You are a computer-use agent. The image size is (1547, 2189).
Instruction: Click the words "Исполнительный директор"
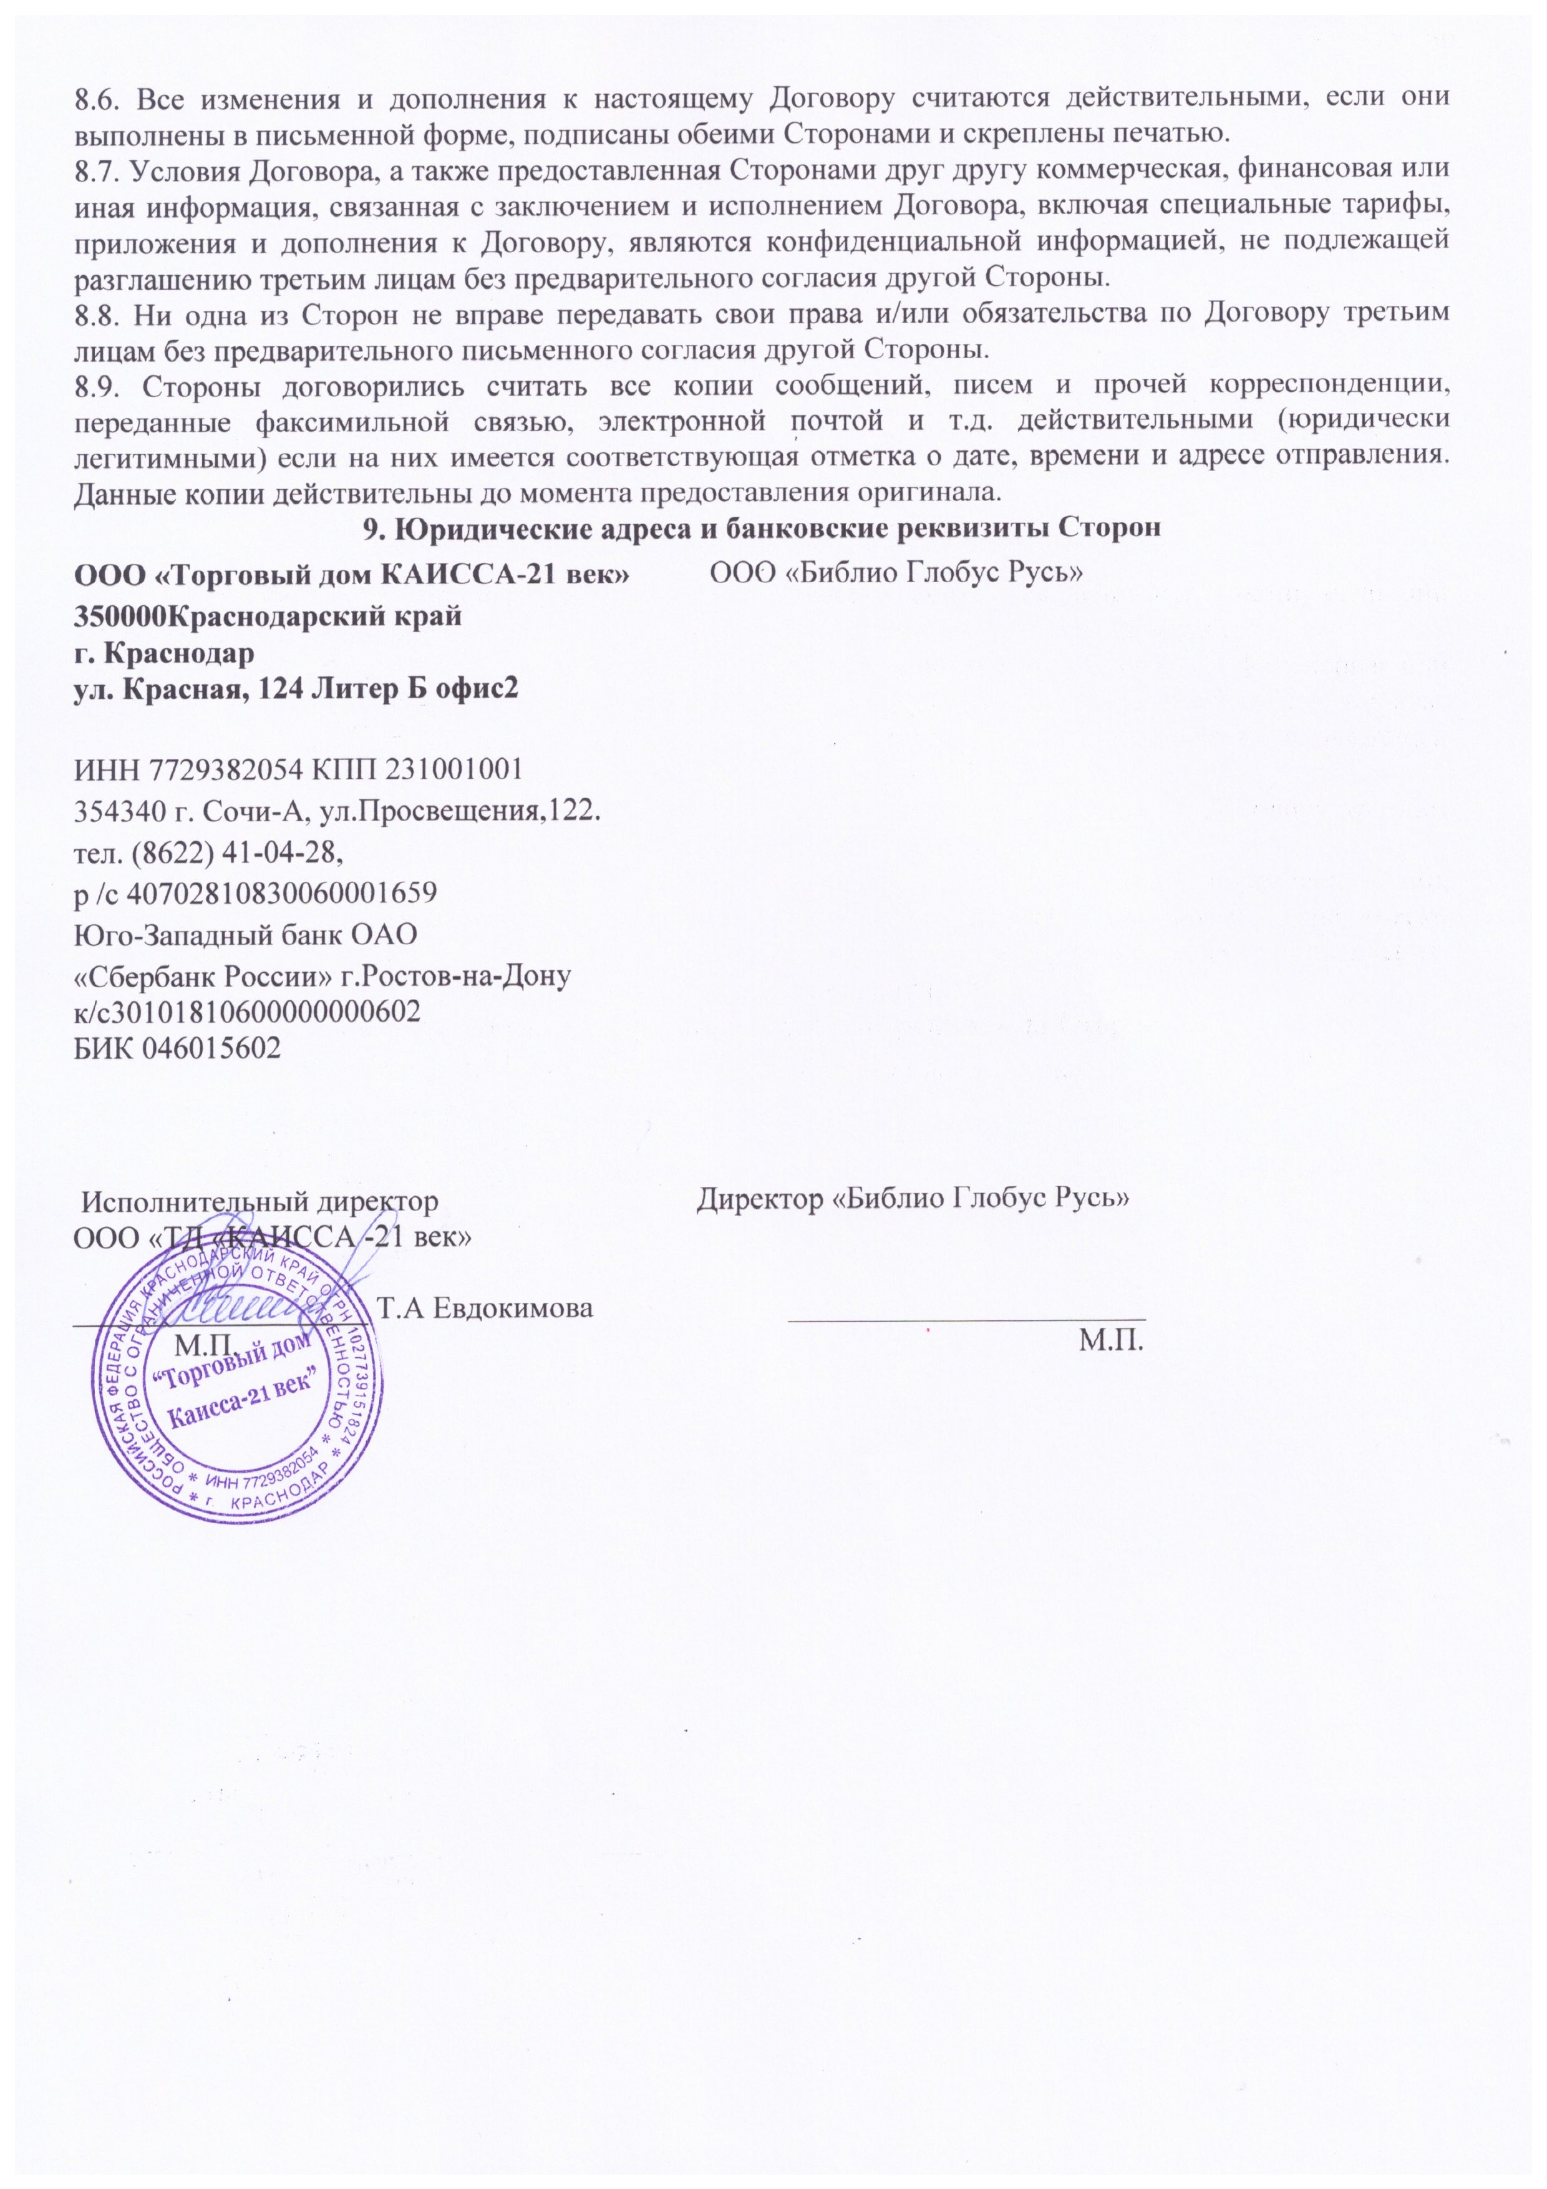coord(258,1201)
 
